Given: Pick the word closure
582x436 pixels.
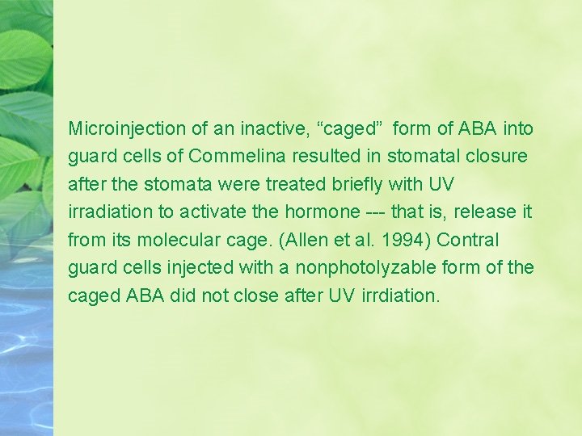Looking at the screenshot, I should [495, 156].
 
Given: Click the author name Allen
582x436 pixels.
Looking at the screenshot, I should [303, 240].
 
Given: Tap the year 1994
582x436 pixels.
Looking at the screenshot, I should [390, 240].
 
